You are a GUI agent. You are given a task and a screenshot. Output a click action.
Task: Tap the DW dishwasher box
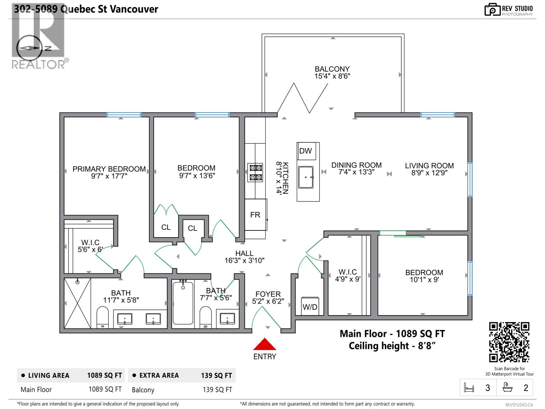pyautogui.click(x=306, y=151)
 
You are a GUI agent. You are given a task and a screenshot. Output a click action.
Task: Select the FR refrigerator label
pyautogui.click(x=255, y=215)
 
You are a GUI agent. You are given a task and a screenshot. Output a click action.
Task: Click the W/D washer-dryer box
pyautogui.click(x=310, y=306)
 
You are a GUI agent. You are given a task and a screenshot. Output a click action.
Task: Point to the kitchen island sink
pyautogui.click(x=306, y=177)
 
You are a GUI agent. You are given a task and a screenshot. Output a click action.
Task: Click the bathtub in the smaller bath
pyautogui.click(x=183, y=303)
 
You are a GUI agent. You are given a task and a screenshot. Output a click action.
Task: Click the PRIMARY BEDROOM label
pyautogui.click(x=109, y=169)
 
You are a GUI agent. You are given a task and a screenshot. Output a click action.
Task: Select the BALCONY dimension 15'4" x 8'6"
pyautogui.click(x=332, y=76)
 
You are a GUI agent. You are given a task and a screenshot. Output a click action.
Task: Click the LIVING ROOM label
pyautogui.click(x=429, y=166)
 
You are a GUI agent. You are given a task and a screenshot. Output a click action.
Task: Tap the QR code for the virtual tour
pyautogui.click(x=509, y=342)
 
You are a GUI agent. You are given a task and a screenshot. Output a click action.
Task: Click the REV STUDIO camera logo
pyautogui.click(x=492, y=10)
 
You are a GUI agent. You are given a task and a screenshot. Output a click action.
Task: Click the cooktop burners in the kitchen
pyautogui.click(x=255, y=173)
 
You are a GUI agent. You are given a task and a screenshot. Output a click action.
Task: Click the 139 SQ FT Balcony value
pyautogui.click(x=217, y=390)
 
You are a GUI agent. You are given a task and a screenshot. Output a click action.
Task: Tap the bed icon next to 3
pyautogui.click(x=469, y=388)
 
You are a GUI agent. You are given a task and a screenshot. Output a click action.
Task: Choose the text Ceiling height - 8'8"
pyautogui.click(x=392, y=346)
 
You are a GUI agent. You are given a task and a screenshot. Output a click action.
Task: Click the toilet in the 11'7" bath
pyautogui.click(x=103, y=317)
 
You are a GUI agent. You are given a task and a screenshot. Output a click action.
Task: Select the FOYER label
pyautogui.click(x=268, y=294)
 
